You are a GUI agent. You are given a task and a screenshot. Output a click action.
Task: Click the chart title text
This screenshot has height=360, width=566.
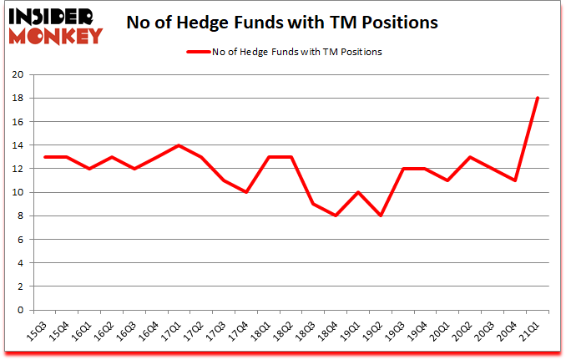coord(281,23)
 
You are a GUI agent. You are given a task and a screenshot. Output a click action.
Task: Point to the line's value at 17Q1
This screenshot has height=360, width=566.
coord(178,145)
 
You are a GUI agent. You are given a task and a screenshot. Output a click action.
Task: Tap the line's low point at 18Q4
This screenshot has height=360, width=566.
coord(336,215)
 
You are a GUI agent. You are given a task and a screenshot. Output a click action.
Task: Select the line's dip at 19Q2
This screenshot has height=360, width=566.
coord(382,215)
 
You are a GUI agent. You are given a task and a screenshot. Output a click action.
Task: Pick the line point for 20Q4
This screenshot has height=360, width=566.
coord(517,180)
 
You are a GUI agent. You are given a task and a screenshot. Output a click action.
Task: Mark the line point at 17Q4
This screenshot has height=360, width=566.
coord(246,192)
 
